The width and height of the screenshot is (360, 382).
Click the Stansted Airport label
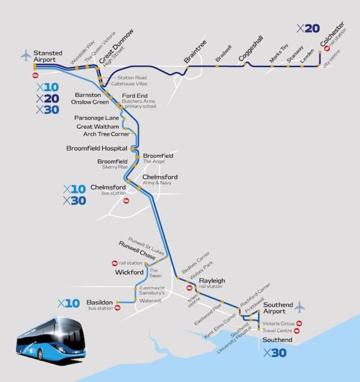coord(48,56)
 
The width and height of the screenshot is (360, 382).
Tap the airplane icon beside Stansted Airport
coord(26,55)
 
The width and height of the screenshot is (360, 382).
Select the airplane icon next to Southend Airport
coord(300,307)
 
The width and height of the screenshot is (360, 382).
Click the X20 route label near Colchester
coord(308,29)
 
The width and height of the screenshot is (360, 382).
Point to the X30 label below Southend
coord(275,353)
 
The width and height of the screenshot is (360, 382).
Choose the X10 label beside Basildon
coord(69,303)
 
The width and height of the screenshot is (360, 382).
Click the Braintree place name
coord(195,51)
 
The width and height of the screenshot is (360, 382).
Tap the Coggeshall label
coord(251,48)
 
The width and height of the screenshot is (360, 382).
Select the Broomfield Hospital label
coord(97,148)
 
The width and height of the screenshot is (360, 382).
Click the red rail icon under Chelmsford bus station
coord(126,201)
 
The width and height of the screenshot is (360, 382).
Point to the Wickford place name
coord(129,272)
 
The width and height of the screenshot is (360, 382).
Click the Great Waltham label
coord(98,127)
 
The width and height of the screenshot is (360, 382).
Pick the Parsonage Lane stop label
coord(97,118)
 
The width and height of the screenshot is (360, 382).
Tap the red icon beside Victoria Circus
coord(300,323)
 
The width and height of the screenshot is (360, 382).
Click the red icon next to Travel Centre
coord(297,331)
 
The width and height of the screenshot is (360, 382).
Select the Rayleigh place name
coord(212,281)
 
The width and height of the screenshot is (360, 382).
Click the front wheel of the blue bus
coord(40,355)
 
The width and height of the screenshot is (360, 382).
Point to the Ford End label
coord(135,96)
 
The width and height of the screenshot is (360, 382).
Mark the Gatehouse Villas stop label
coord(129,84)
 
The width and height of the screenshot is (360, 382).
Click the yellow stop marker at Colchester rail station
coord(320,52)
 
